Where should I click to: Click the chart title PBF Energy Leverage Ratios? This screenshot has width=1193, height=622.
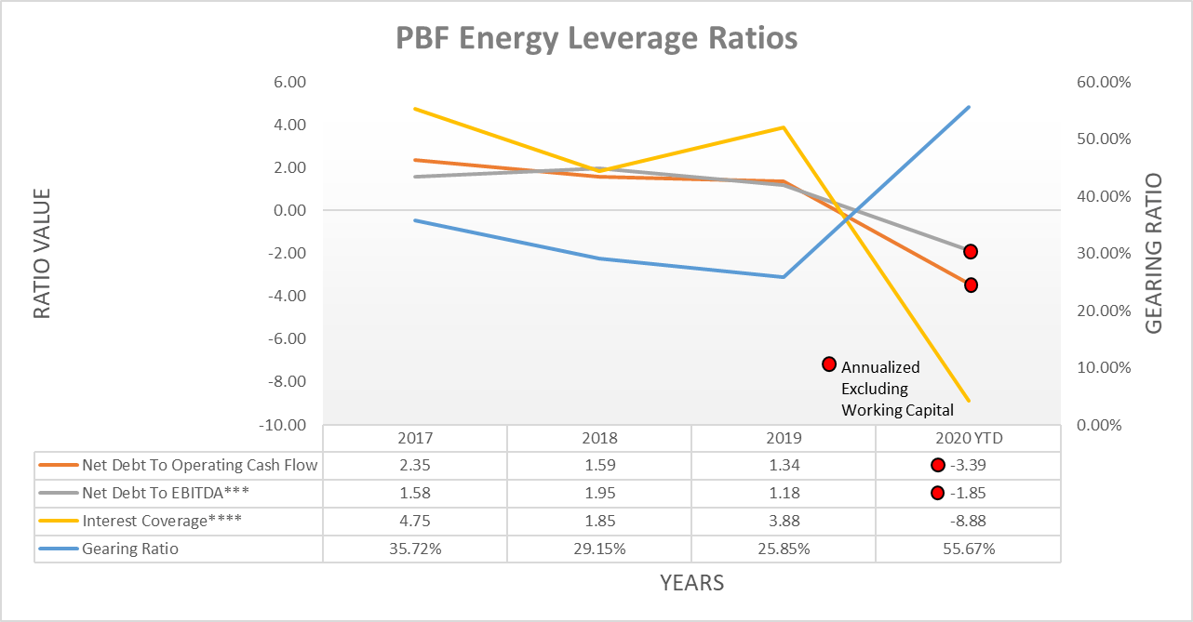(596, 38)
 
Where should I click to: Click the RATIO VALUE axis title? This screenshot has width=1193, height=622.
(42, 254)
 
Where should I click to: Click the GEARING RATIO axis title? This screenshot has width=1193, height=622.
(1153, 254)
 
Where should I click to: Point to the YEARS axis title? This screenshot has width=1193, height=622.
(691, 583)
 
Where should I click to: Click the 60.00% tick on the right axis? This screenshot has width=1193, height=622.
(1103, 82)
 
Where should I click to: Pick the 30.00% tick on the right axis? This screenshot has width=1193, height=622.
(1103, 254)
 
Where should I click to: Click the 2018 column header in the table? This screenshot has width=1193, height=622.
(598, 438)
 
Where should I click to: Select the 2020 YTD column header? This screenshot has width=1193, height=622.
(968, 438)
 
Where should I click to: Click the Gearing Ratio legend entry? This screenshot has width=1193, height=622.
(129, 549)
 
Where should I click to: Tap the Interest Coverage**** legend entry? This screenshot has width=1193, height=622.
(161, 521)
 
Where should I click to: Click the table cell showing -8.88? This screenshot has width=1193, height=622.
(968, 521)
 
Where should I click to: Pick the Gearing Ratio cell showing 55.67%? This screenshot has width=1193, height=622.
(968, 549)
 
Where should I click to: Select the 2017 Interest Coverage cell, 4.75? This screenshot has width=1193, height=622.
(415, 521)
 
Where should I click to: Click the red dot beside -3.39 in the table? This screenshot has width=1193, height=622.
(937, 466)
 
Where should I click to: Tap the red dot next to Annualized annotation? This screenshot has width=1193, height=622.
(829, 364)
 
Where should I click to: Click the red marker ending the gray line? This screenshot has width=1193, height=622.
(971, 251)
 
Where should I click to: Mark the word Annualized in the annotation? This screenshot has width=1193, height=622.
(880, 367)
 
